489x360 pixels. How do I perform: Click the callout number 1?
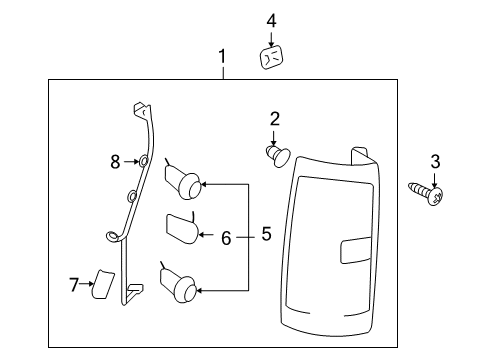coord(222,58)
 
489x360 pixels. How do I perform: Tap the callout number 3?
coord(434,162)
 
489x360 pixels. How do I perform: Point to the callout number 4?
coord(270,20)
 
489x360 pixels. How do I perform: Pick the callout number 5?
coord(265,236)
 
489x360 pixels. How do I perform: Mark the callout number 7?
coord(74,287)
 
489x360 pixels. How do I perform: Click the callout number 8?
coord(115,160)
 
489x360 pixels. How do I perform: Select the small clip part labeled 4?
coord(271,58)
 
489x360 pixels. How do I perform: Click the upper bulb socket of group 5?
coord(183,180)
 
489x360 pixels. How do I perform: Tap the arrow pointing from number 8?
coord(131,160)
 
